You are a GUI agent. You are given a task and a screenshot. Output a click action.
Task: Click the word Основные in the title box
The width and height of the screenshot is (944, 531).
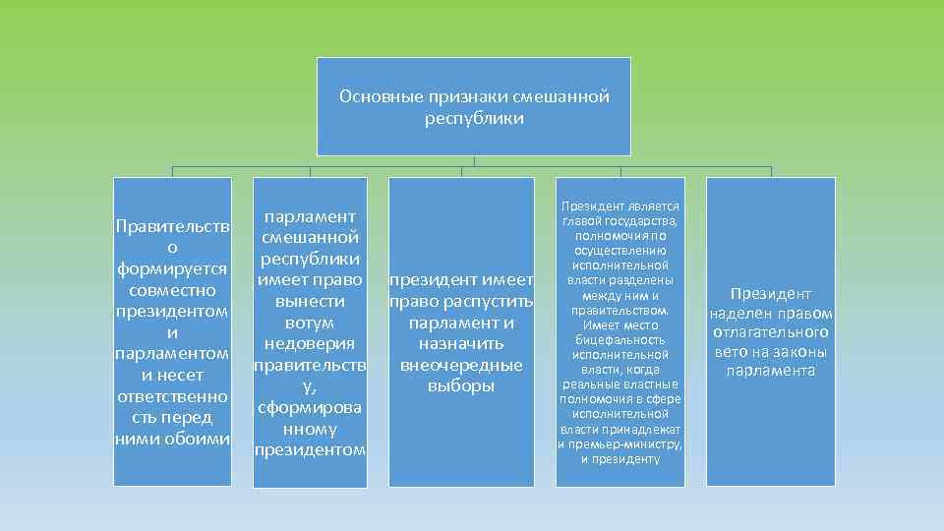click(373, 97)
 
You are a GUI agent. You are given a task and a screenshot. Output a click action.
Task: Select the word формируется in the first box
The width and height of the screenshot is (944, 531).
click(173, 269)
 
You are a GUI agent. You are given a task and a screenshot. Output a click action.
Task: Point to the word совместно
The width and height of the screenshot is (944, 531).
click(173, 291)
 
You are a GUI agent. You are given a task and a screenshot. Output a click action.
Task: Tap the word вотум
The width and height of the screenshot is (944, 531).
click(310, 322)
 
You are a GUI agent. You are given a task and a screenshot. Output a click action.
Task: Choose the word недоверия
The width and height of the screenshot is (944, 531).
click(310, 343)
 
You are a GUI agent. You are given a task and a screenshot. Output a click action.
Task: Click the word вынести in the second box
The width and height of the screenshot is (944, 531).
click(310, 301)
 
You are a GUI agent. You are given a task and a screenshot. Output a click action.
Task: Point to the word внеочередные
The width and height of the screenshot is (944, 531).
click(461, 365)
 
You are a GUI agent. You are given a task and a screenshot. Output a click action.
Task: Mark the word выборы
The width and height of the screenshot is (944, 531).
click(461, 386)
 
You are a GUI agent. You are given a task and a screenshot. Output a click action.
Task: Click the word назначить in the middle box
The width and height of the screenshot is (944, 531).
click(461, 343)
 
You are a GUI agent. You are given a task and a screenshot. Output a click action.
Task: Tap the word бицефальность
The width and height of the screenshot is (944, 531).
click(619, 339)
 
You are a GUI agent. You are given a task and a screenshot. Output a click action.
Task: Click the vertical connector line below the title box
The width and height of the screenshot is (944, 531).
click(474, 162)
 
